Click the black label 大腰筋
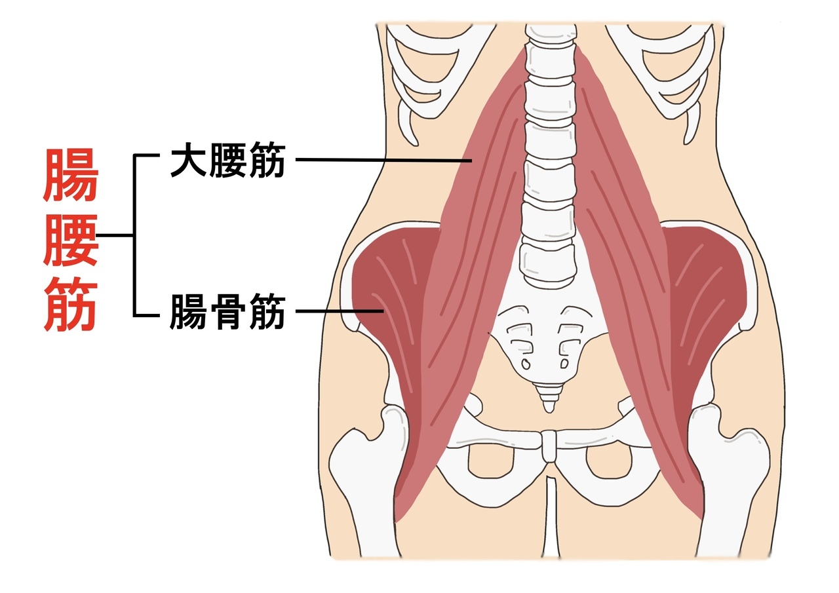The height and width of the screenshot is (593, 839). (227, 160)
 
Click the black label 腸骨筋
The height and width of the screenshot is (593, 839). (227, 311)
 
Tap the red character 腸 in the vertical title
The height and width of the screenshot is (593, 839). (71, 175)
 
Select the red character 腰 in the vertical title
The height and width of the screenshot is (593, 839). (71, 240)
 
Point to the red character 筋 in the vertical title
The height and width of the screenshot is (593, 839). (71, 304)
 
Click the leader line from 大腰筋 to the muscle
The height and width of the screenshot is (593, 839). (384, 161)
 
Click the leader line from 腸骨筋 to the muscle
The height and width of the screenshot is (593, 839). (340, 311)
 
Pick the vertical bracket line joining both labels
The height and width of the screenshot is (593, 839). (134, 235)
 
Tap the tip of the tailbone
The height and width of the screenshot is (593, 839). (549, 411)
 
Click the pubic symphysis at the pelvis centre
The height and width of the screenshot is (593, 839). (549, 446)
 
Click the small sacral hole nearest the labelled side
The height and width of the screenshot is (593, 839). (526, 364)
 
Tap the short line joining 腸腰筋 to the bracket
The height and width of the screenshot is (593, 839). (115, 235)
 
